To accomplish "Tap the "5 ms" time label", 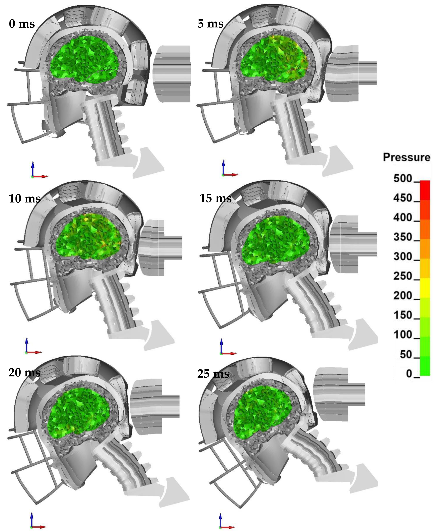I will click(x=210, y=24).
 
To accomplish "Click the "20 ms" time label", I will click(x=24, y=372).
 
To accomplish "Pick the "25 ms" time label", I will click(x=213, y=374).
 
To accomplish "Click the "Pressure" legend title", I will click(x=406, y=157).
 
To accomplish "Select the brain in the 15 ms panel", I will click(x=276, y=240).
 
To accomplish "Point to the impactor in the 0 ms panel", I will click(x=172, y=74).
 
